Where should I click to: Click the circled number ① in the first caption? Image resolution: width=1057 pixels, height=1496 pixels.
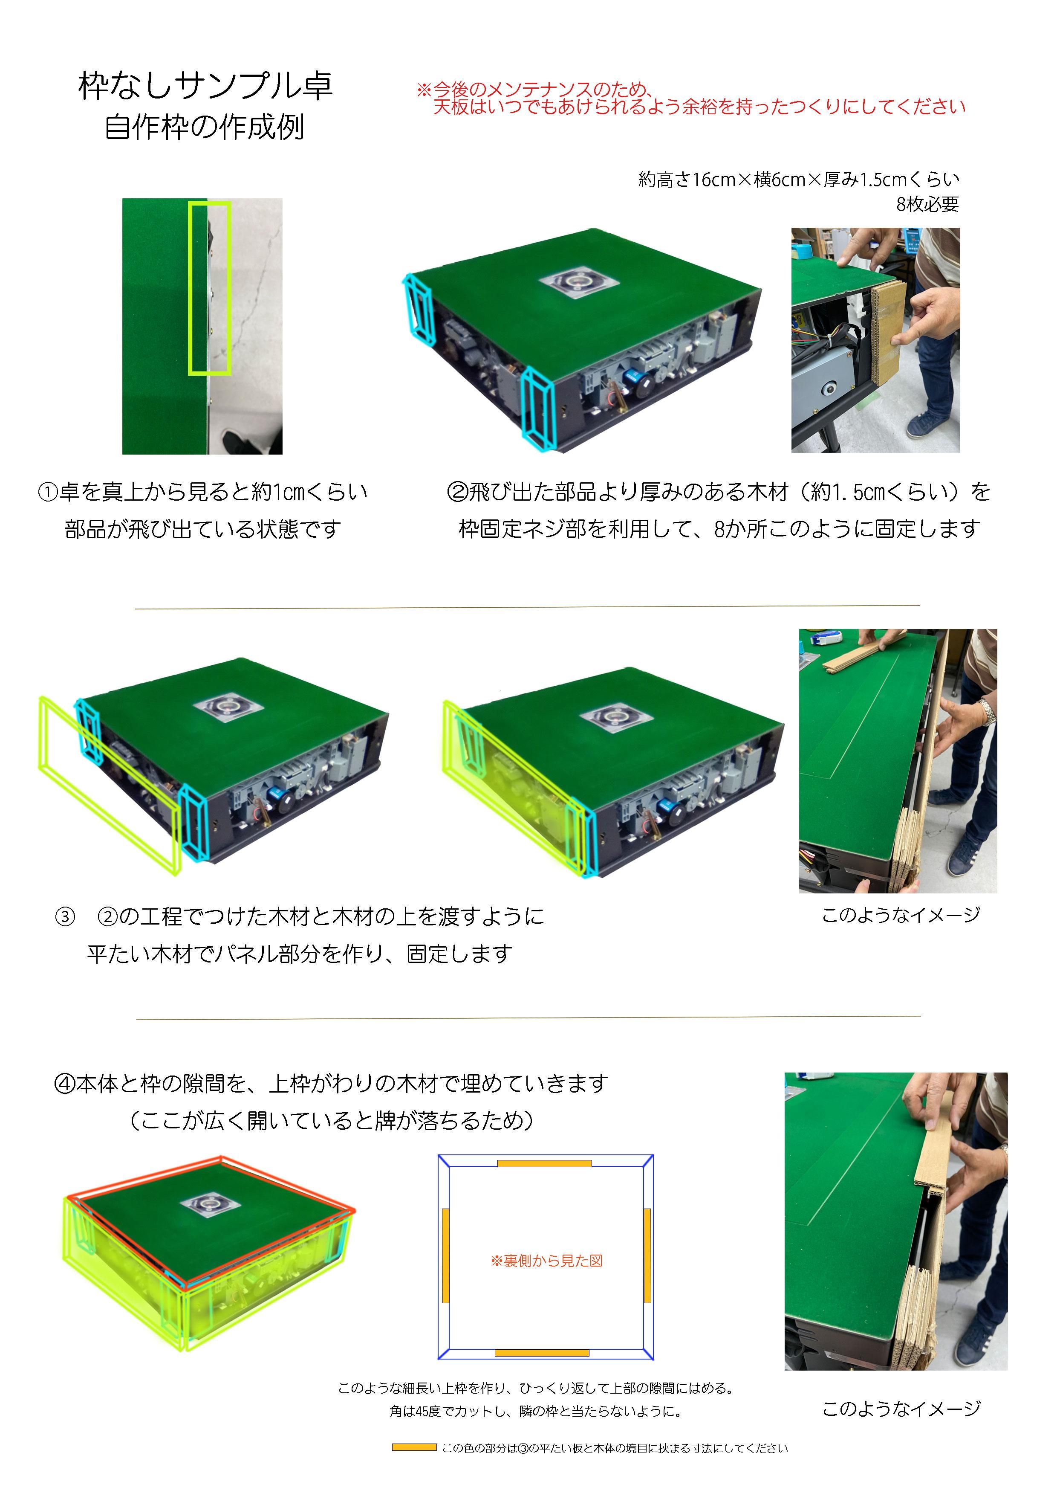point(48,492)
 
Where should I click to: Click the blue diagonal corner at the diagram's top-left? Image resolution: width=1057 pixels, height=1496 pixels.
point(444,1161)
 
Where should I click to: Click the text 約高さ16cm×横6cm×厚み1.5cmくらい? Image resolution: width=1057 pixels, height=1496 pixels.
point(798,180)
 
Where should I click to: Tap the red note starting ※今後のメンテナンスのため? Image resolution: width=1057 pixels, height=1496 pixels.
point(690,99)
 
